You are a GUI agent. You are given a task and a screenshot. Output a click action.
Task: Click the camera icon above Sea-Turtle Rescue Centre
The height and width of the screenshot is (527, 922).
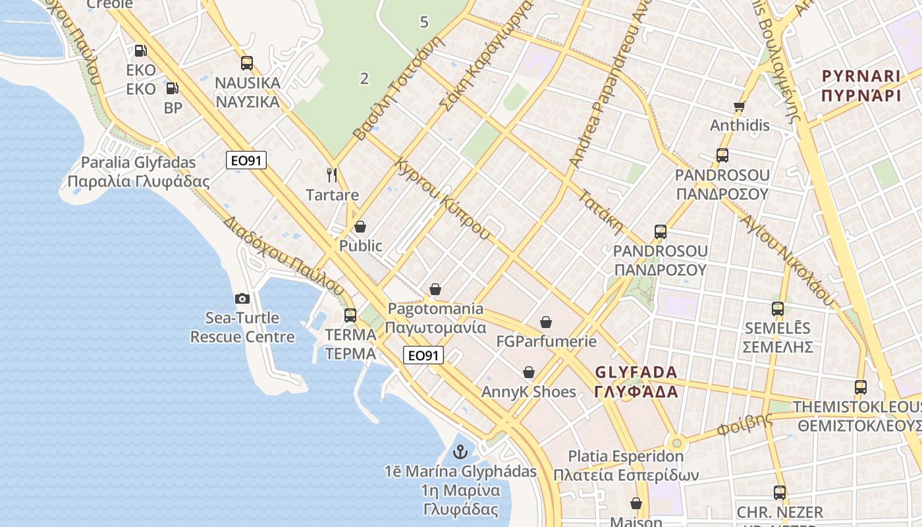(x=242, y=298)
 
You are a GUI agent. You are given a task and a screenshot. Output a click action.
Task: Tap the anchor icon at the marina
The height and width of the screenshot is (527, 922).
(x=460, y=452)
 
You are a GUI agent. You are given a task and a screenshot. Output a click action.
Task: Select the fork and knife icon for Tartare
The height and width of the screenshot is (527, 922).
(x=332, y=175)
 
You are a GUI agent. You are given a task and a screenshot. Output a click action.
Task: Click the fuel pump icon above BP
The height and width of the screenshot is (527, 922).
(x=172, y=88)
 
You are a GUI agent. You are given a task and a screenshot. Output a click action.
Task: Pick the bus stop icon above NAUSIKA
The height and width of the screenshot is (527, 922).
(x=247, y=63)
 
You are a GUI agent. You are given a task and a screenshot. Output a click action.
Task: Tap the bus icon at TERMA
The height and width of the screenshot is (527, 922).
(x=350, y=315)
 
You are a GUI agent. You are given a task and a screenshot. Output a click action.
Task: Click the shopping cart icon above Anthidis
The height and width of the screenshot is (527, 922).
(x=739, y=106)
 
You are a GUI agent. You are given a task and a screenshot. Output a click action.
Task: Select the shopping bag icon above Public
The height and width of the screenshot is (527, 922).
(x=360, y=227)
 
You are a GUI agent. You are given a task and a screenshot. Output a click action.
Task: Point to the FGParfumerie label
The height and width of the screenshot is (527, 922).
(x=546, y=341)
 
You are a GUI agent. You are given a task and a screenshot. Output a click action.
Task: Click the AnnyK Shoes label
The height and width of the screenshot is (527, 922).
(x=528, y=392)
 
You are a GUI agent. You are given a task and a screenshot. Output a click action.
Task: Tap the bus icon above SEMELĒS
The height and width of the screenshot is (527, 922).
(x=778, y=308)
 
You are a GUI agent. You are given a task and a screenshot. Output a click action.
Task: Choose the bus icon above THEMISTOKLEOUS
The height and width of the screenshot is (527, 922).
(x=861, y=387)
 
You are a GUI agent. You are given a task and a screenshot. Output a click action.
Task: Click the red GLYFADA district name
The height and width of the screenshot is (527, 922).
(x=636, y=382)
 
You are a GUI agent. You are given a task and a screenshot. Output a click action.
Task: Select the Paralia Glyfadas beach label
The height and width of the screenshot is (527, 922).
(x=138, y=172)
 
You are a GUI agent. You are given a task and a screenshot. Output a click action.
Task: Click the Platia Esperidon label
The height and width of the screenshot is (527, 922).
(x=626, y=465)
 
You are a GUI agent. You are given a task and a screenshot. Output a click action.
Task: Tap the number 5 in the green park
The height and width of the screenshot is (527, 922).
(x=424, y=22)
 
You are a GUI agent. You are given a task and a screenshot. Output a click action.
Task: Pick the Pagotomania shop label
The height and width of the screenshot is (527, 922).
(x=435, y=318)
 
